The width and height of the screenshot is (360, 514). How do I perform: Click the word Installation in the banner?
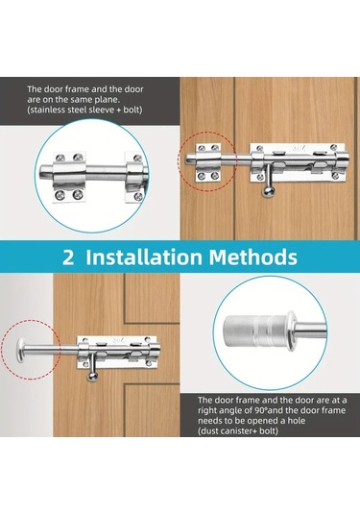144,257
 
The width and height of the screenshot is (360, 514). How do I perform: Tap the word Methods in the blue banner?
253,257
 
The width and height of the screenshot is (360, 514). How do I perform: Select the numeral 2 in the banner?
68,257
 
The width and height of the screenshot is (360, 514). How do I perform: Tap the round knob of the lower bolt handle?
92,377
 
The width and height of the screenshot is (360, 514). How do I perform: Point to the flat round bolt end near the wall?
22,350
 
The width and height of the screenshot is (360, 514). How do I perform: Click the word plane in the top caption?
107,99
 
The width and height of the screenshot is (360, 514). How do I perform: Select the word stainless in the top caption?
47,110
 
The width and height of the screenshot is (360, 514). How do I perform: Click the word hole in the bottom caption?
298,421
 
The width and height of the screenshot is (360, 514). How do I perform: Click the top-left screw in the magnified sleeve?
60,158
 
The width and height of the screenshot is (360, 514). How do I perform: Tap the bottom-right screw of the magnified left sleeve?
78,195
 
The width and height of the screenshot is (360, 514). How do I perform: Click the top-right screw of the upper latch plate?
334,147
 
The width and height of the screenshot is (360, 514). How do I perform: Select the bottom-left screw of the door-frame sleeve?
202,176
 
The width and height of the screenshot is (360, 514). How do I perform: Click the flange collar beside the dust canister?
290,328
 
